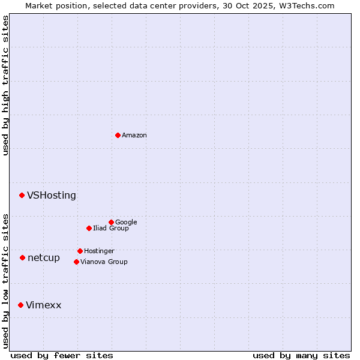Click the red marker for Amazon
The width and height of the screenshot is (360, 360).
click(x=118, y=135)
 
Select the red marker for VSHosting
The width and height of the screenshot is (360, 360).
click(x=22, y=195)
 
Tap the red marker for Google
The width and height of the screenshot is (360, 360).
click(x=111, y=222)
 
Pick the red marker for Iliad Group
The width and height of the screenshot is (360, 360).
click(x=89, y=228)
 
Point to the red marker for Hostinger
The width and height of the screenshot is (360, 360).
click(x=80, y=251)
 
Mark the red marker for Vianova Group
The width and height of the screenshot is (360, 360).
click(x=76, y=262)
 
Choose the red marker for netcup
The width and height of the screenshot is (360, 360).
click(x=22, y=257)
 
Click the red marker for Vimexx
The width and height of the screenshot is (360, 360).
click(x=20, y=305)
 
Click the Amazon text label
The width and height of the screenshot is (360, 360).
click(x=134, y=135)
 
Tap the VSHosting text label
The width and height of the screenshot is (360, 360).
click(x=52, y=195)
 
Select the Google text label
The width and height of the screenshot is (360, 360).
click(x=126, y=222)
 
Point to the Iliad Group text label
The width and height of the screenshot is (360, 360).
click(x=111, y=228)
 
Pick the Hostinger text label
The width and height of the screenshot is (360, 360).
click(x=99, y=251)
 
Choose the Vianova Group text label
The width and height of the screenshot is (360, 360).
click(x=104, y=262)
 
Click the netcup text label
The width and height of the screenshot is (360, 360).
click(x=44, y=257)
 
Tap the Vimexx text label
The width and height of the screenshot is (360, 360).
click(x=43, y=305)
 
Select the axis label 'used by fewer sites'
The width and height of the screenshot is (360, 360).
click(x=62, y=355)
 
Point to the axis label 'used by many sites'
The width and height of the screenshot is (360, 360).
click(x=301, y=355)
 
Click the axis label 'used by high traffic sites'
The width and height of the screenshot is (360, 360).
click(x=5, y=85)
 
